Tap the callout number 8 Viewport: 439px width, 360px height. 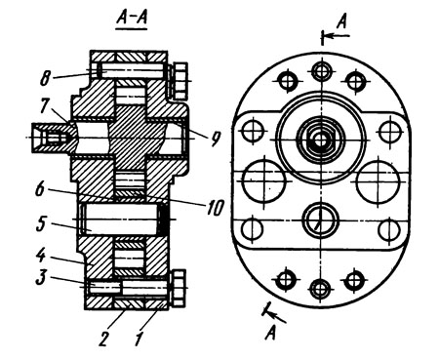[x=46, y=78]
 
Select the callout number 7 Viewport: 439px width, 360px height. [x=46, y=106]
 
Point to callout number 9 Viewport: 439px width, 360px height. [x=215, y=139]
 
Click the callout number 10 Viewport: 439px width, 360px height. [x=215, y=207]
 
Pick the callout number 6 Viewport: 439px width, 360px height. [x=40, y=189]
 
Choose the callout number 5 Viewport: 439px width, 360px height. [x=41, y=224]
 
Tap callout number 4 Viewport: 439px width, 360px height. [x=40, y=256]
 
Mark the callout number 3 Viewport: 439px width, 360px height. [x=41, y=278]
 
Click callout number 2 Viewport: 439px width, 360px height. [x=104, y=339]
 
